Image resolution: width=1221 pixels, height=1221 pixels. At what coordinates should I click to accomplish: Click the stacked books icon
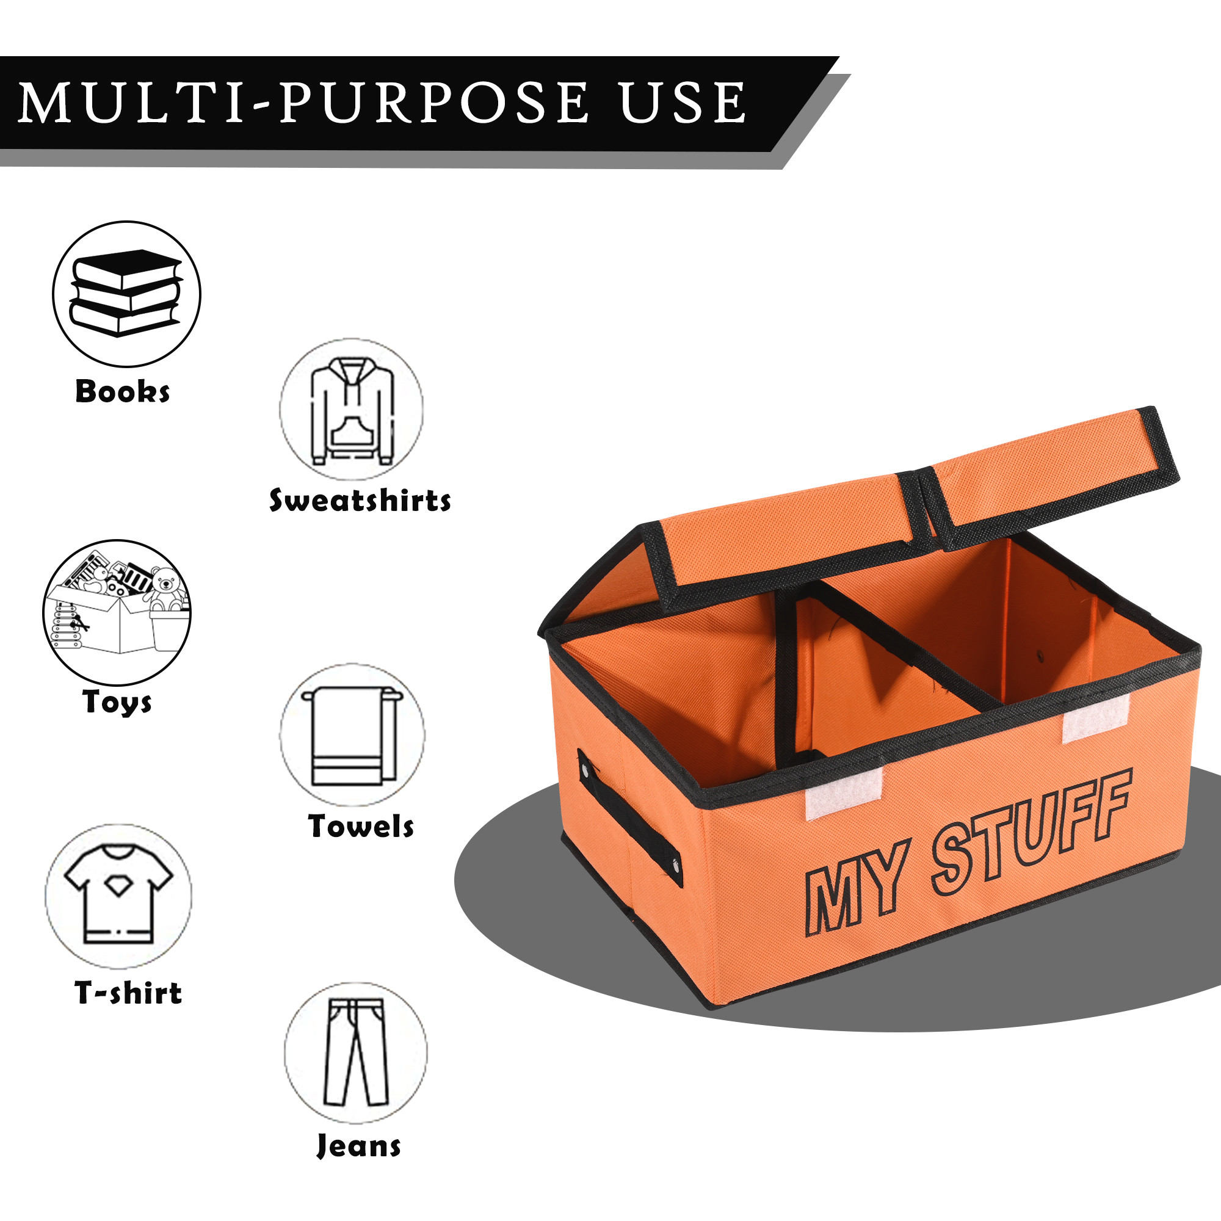click(x=126, y=293)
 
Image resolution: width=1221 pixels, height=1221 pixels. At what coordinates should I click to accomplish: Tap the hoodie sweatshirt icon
click(x=352, y=410)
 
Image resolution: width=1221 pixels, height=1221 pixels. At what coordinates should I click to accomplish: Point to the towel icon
click(x=352, y=734)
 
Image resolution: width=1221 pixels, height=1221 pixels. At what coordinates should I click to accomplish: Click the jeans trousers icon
click(x=355, y=1053)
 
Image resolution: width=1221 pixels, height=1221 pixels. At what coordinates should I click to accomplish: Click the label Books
click(x=123, y=392)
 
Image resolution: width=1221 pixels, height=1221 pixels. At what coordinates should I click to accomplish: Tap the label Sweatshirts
click(x=360, y=501)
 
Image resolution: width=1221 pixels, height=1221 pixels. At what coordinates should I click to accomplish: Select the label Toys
click(x=118, y=701)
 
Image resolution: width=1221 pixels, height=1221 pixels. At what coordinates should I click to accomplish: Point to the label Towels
click(x=361, y=827)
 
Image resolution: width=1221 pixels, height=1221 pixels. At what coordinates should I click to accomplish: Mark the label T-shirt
click(x=128, y=993)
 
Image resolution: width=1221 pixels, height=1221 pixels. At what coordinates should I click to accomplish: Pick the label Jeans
click(x=358, y=1146)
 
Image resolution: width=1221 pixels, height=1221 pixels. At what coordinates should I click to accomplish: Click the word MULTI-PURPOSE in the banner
click(x=304, y=103)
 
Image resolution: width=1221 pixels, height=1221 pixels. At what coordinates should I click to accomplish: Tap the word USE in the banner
click(x=683, y=103)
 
